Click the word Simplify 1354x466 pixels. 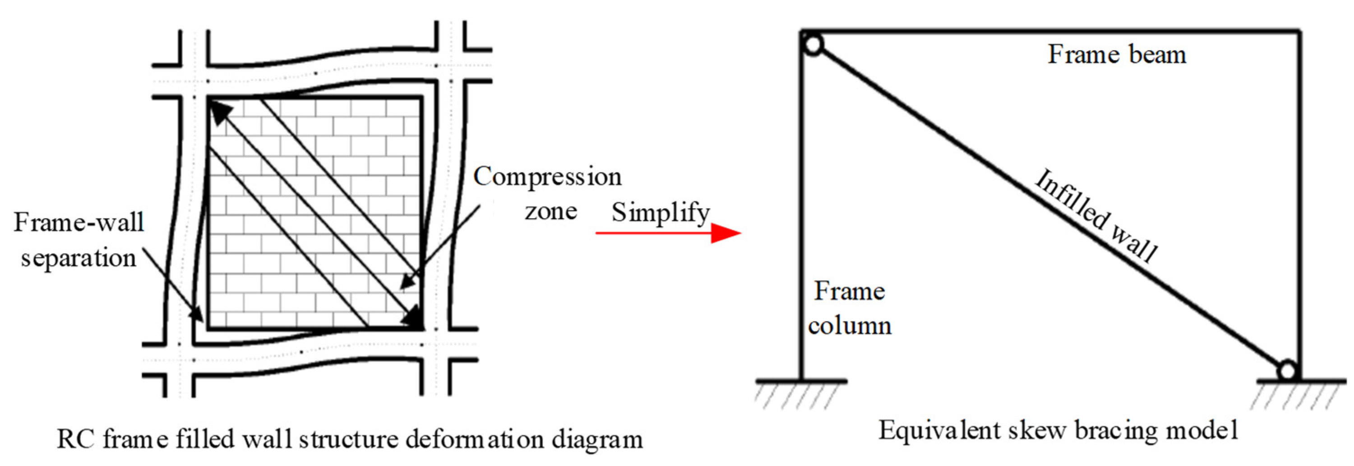click(660, 213)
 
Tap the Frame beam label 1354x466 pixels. click(1117, 55)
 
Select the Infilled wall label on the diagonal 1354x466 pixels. click(1096, 216)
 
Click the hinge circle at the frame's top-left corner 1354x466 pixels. click(813, 45)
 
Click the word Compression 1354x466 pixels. click(547, 177)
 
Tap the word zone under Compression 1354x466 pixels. click(551, 211)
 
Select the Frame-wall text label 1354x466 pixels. click(79, 223)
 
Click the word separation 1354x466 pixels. click(79, 258)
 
